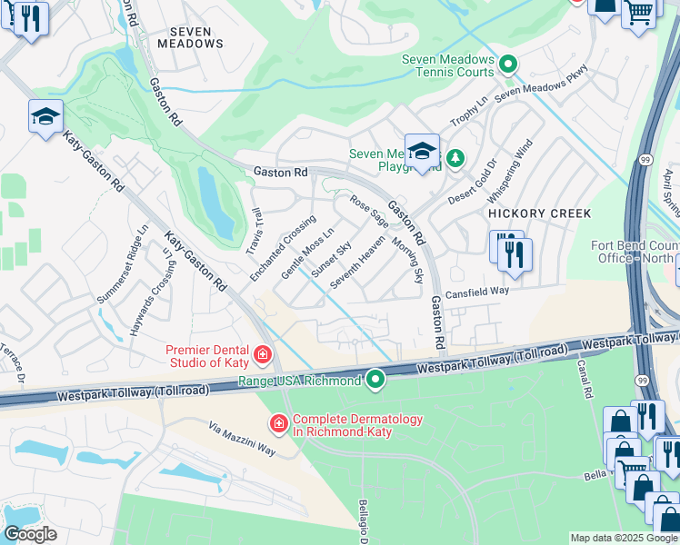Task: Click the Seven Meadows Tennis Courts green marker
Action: (x=509, y=64)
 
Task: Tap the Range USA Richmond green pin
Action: (x=374, y=381)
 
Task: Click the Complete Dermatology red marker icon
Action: (x=279, y=423)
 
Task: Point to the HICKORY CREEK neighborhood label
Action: (x=540, y=213)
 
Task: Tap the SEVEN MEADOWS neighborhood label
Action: (x=191, y=37)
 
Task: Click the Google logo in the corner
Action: (x=30, y=534)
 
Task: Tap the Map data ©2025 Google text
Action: (x=624, y=538)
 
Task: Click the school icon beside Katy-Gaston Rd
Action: (x=45, y=117)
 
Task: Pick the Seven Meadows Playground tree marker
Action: (x=455, y=159)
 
